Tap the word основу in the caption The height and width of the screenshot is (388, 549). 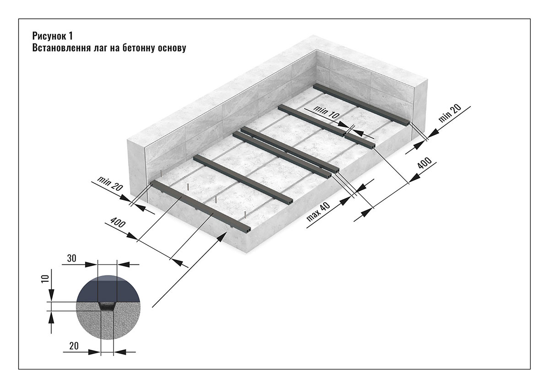[172, 48]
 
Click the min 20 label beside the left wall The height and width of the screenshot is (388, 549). [110, 183]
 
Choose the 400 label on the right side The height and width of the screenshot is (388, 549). [425, 170]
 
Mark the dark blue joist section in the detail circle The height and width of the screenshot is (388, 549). [108, 288]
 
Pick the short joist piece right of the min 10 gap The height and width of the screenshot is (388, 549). [360, 140]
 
